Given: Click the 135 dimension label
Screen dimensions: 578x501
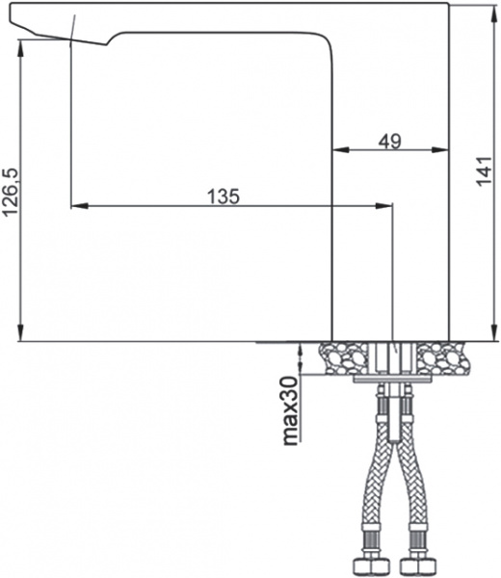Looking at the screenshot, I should click(x=223, y=196).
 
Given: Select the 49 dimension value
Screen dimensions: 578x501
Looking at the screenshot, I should click(x=389, y=141).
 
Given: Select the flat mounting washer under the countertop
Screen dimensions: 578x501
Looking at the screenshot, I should click(x=393, y=380).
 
